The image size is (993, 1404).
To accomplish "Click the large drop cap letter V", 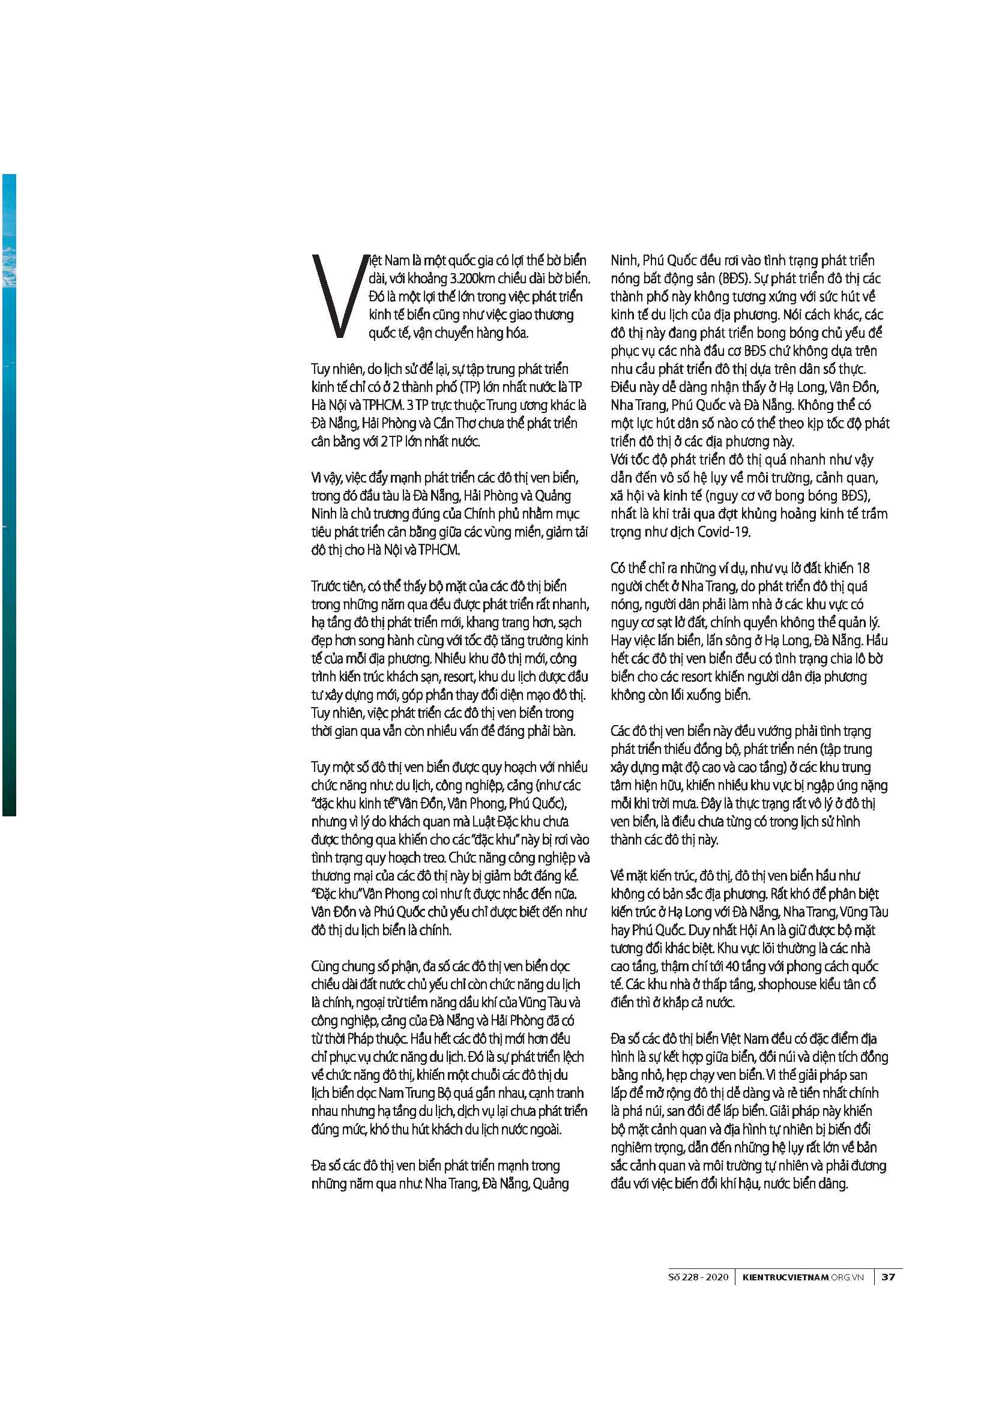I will tap(338, 296).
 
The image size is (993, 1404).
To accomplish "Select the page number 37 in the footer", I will tap(889, 1277).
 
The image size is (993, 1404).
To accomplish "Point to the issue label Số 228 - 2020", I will tap(698, 1277).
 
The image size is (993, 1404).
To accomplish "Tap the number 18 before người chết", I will tap(863, 568).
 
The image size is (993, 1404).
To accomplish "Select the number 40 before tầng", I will tap(732, 966).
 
